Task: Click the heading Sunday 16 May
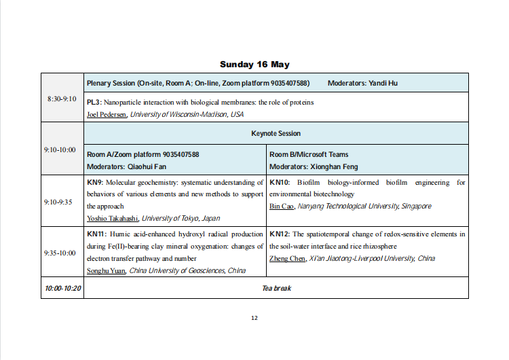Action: coord(254,65)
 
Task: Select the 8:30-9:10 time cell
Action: coord(62,98)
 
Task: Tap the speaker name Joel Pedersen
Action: coord(107,114)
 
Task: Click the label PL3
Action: coord(94,103)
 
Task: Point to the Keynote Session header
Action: coord(276,133)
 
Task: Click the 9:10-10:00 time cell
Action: coord(62,149)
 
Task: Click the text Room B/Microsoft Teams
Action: coord(309,155)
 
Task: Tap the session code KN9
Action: coord(94,182)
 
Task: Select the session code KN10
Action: coord(279,182)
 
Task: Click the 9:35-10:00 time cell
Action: coord(62,253)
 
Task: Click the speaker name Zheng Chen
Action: coord(287,258)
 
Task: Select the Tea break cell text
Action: coord(276,288)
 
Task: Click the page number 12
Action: coord(254,318)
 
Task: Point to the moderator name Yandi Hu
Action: coord(383,83)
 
